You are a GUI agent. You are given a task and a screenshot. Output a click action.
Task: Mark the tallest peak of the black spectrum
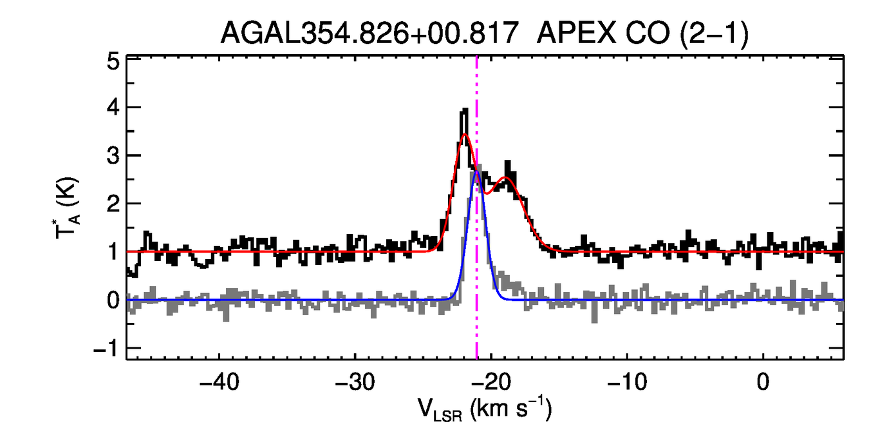pyautogui.click(x=464, y=111)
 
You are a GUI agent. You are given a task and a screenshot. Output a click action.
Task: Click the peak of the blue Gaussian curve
pyautogui.click(x=476, y=171)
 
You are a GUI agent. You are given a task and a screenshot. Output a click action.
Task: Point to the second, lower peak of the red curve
pyautogui.click(x=507, y=177)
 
